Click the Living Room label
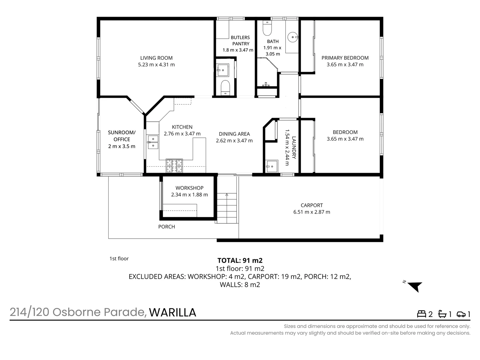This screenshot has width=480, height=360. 156,58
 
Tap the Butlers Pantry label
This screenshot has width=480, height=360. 240,41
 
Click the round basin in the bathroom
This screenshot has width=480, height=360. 292,37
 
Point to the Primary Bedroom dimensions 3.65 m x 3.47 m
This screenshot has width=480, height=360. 345,65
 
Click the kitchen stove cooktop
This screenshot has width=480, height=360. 174,166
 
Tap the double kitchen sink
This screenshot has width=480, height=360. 153,142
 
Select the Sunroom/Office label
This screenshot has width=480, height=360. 122,136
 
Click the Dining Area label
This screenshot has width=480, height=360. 234,134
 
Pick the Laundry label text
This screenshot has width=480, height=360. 294,147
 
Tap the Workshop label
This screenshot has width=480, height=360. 189,188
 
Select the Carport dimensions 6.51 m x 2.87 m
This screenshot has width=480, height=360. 312,212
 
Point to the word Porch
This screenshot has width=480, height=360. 166,227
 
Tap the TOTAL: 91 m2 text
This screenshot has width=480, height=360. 240,261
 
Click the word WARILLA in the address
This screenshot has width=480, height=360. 172,312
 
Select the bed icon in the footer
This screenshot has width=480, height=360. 422,314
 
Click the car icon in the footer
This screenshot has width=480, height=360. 461,314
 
